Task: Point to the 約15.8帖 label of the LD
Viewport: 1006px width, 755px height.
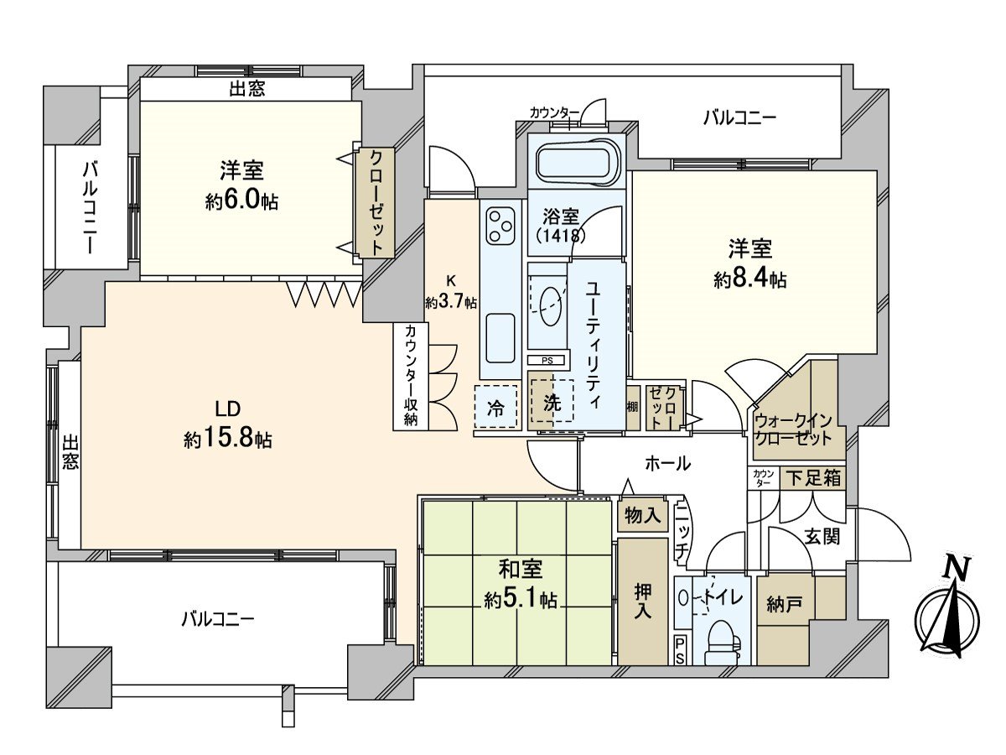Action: coord(227,439)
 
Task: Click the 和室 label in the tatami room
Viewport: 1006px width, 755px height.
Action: coord(521,570)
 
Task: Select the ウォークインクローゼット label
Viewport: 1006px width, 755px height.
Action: coord(792,429)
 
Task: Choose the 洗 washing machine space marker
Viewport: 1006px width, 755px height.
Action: coord(551,402)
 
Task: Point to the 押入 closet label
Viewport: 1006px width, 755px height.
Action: coord(643,601)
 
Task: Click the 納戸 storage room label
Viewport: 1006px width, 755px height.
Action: coord(783,604)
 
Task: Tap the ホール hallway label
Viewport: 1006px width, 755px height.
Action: coord(667,462)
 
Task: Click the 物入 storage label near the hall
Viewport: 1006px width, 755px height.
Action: coord(643,516)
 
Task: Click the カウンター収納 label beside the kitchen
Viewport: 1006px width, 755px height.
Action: coord(410,376)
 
